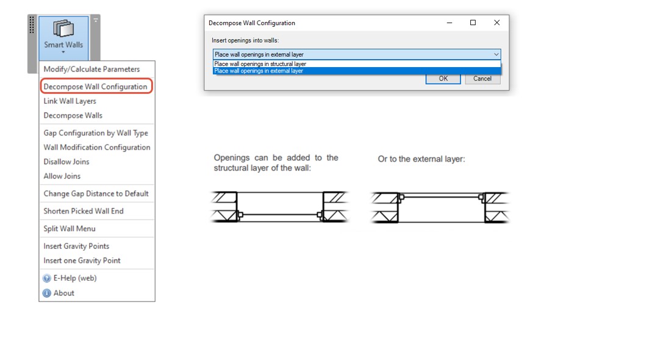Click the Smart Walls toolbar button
(x=63, y=38)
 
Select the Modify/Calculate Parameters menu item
(x=91, y=69)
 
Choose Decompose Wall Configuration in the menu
(x=95, y=87)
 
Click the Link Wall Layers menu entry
(x=70, y=101)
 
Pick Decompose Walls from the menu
(x=73, y=115)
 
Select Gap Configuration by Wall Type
(x=96, y=133)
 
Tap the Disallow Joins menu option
(x=66, y=162)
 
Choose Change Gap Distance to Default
(x=96, y=193)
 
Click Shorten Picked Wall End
(x=84, y=211)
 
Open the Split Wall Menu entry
(x=70, y=229)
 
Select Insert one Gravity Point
(x=82, y=261)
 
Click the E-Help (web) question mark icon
(x=46, y=278)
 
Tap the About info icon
(x=46, y=293)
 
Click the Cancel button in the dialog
(x=483, y=79)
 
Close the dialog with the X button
(x=497, y=23)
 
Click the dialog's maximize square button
(x=473, y=23)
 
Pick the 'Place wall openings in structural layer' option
(x=260, y=64)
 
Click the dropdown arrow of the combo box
(x=496, y=54)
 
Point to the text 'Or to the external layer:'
(x=421, y=159)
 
